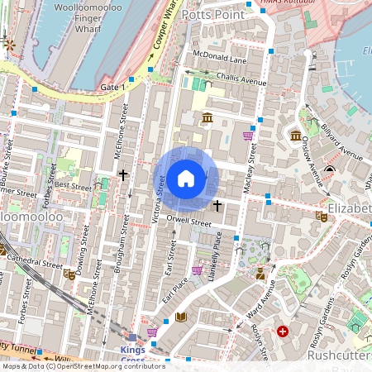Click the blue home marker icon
(186, 178)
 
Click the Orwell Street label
(189, 222)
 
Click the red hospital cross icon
(284, 331)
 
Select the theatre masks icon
(321, 217)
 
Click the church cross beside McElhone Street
(123, 175)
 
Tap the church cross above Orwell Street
(217, 204)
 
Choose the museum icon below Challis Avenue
(207, 119)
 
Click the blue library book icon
(182, 317)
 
